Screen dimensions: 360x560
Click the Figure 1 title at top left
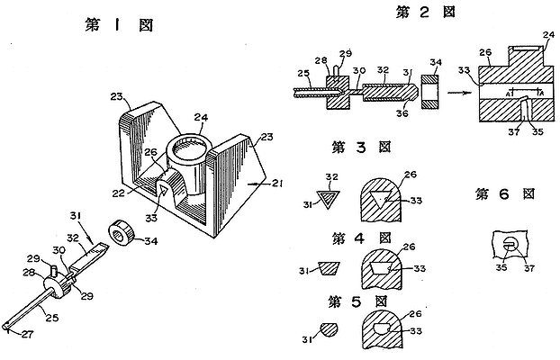(x=118, y=23)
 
